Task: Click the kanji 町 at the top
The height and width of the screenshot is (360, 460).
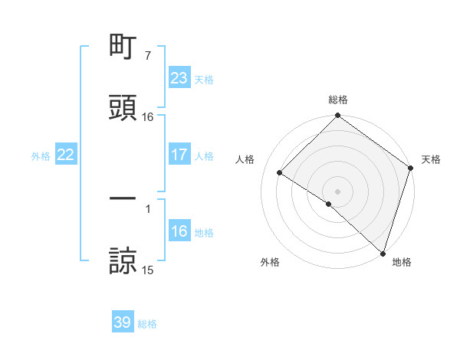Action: pyautogui.click(x=123, y=47)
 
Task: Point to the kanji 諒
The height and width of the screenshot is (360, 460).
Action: pyautogui.click(x=123, y=260)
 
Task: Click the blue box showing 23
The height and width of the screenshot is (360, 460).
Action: pyautogui.click(x=179, y=78)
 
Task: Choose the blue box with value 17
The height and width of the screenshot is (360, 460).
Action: pyautogui.click(x=179, y=155)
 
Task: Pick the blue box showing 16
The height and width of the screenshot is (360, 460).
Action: pyautogui.click(x=179, y=232)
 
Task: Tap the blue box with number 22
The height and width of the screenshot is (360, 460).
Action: pyautogui.click(x=65, y=155)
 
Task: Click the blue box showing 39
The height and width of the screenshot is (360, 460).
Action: pyautogui.click(x=123, y=323)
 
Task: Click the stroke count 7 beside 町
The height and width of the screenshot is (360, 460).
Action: pyautogui.click(x=147, y=56)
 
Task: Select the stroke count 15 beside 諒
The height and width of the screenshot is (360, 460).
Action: pyautogui.click(x=147, y=270)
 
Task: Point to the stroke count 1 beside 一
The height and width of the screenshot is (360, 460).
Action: pyautogui.click(x=147, y=208)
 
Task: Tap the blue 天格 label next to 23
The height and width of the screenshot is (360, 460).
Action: pyautogui.click(x=204, y=79)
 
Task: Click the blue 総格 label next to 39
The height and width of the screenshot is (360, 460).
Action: pyautogui.click(x=147, y=324)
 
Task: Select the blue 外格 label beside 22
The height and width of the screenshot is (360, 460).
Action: pyautogui.click(x=41, y=156)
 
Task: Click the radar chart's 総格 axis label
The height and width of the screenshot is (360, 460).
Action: pyautogui.click(x=338, y=100)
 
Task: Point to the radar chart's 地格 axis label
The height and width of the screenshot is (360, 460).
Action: pyautogui.click(x=402, y=263)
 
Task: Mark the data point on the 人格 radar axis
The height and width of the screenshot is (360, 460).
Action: pyautogui.click(x=280, y=172)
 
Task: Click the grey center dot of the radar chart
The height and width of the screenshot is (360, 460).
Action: pyautogui.click(x=338, y=191)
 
